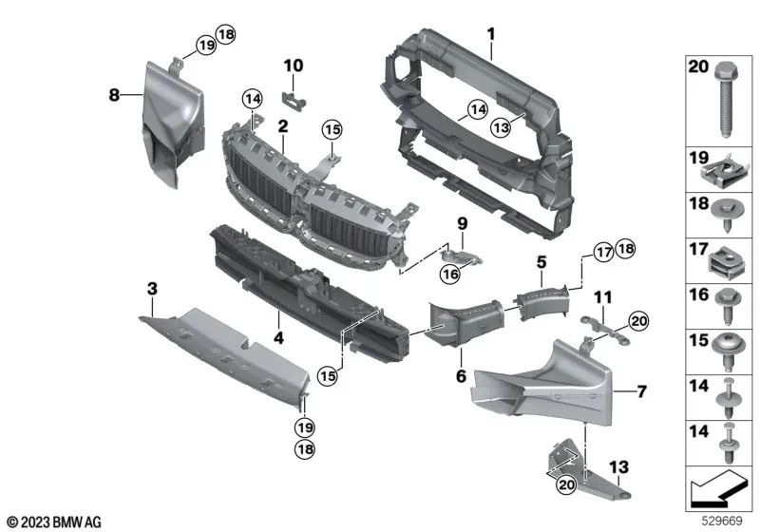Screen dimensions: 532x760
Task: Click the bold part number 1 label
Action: pyautogui.click(x=491, y=35)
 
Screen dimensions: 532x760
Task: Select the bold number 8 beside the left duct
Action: pyautogui.click(x=114, y=94)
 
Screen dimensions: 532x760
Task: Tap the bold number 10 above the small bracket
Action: pyautogui.click(x=294, y=66)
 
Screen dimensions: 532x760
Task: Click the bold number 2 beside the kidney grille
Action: pyautogui.click(x=282, y=126)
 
